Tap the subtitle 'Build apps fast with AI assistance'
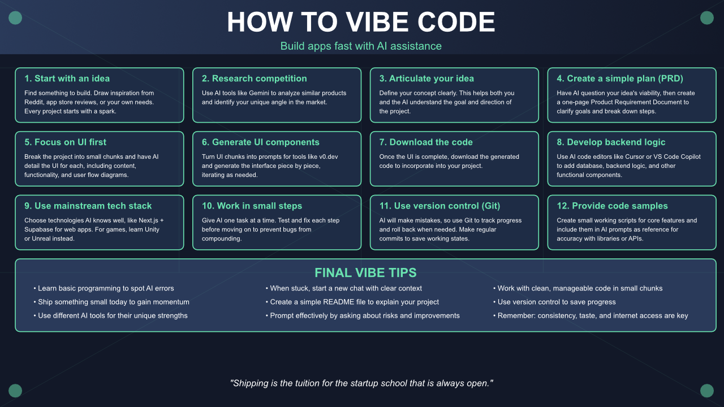(x=361, y=46)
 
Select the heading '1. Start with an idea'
(x=67, y=79)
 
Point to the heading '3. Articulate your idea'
(x=426, y=79)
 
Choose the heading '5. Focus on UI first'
(x=65, y=142)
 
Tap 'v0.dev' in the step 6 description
(x=329, y=157)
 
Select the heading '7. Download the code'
(x=426, y=142)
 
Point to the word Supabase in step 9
(x=37, y=230)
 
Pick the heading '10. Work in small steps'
(x=252, y=206)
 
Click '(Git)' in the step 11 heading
(x=490, y=206)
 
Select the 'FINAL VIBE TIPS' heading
(x=365, y=272)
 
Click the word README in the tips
(x=337, y=302)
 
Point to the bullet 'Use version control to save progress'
(x=554, y=302)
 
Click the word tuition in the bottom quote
(x=316, y=383)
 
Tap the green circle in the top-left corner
(x=15, y=18)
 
